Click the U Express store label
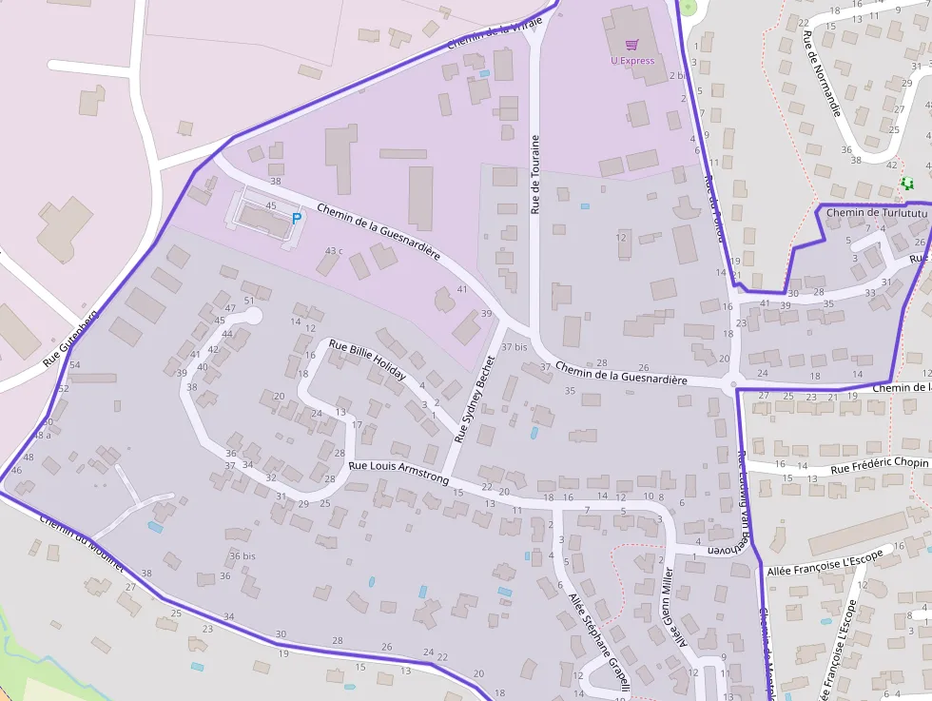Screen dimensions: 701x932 point(632,61)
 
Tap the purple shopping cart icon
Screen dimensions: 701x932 point(632,44)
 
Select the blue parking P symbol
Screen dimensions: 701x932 point(296,218)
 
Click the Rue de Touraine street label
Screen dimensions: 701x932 point(535,174)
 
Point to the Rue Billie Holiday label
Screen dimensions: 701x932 point(367,360)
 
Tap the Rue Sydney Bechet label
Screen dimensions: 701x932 point(476,399)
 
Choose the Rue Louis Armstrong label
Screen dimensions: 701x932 point(398,473)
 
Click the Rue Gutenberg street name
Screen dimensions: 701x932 point(70,340)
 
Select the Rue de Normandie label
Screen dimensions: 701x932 point(823,73)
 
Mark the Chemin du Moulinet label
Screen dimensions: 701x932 point(82,542)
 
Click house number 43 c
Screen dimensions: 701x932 point(334,251)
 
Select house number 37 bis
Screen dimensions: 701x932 point(514,347)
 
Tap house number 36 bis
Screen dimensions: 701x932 point(243,555)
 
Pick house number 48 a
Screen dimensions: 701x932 point(42,435)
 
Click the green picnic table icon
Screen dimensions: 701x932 point(906,184)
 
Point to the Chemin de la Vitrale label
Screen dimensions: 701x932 point(494,31)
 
